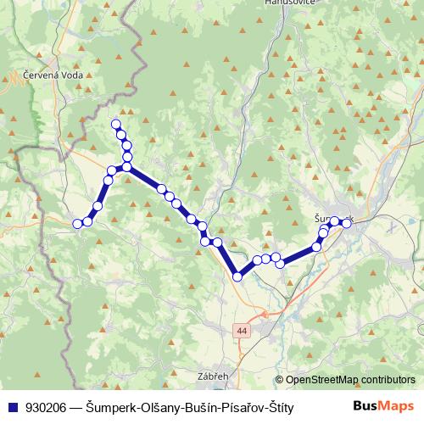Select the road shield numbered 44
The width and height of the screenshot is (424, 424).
(x=243, y=330)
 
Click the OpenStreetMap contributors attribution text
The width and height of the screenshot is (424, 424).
(x=350, y=380)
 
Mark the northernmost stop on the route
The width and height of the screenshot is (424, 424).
(x=117, y=125)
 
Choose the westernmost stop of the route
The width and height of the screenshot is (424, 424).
(x=77, y=224)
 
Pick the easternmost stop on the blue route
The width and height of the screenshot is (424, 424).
(x=347, y=223)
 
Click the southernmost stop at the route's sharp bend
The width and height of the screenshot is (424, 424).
(x=238, y=276)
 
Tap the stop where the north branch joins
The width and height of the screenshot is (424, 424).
(x=126, y=167)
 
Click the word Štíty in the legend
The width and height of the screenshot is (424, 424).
(x=277, y=407)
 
